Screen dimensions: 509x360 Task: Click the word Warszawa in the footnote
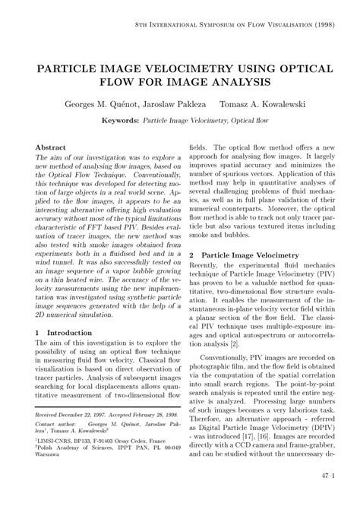tap(50, 476)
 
